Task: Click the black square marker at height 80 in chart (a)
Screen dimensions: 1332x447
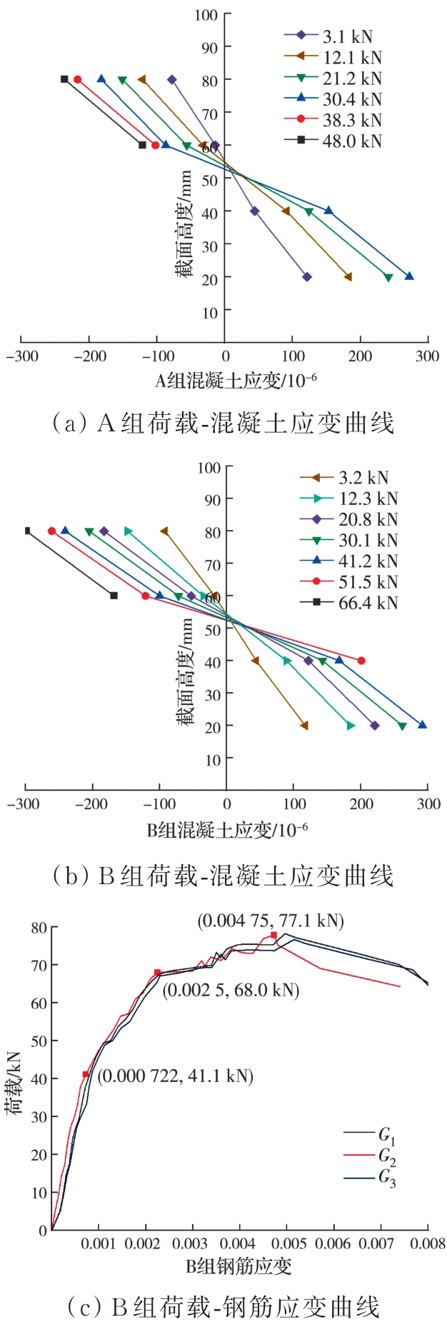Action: [64, 79]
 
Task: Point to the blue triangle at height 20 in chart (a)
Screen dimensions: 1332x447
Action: [409, 276]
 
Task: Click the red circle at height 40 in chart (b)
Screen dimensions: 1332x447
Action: [361, 661]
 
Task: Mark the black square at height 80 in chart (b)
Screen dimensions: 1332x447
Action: [28, 531]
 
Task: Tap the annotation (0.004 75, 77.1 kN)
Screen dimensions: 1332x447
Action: [271, 921]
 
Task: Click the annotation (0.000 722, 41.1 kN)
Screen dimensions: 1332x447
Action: [175, 1076]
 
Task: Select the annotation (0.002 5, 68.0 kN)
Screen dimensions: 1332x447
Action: [231, 990]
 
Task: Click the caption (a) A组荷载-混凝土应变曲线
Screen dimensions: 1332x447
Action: [223, 424]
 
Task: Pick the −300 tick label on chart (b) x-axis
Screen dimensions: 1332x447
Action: [24, 803]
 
